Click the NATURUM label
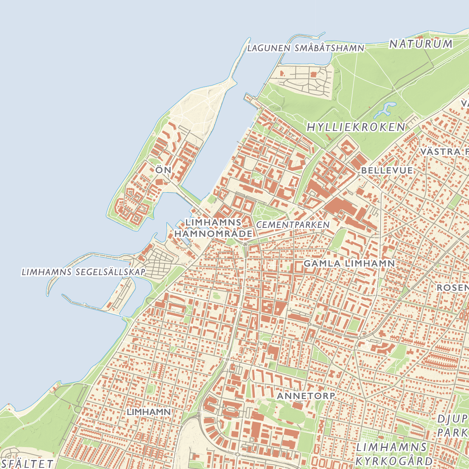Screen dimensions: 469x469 pos(421,44)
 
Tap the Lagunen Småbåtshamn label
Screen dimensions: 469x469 pos(306,48)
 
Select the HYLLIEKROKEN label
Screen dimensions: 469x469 pos(356,127)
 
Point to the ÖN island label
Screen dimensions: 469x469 pos(163,170)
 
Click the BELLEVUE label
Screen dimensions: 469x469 pos(387,170)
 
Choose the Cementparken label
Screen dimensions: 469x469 pos(293,225)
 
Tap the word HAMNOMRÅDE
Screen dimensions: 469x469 pos(213,234)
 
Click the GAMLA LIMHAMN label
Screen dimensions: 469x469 pos(349,263)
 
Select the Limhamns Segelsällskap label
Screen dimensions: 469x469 pos(83,272)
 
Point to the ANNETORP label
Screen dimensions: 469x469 pos(306,396)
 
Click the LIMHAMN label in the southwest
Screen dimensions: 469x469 pos(149,412)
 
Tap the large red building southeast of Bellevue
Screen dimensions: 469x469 pos(340,207)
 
